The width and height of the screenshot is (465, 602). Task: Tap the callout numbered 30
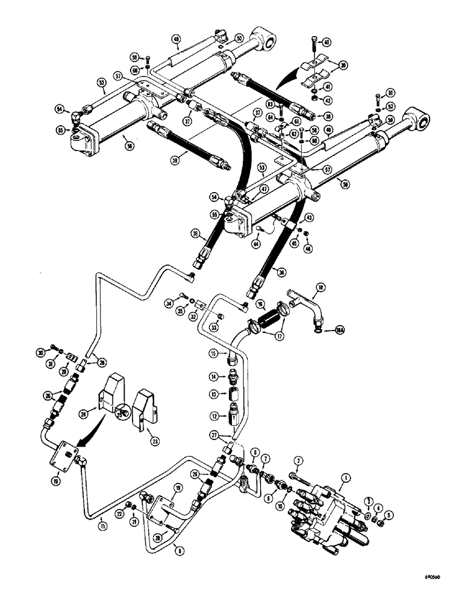pos(40,352)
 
